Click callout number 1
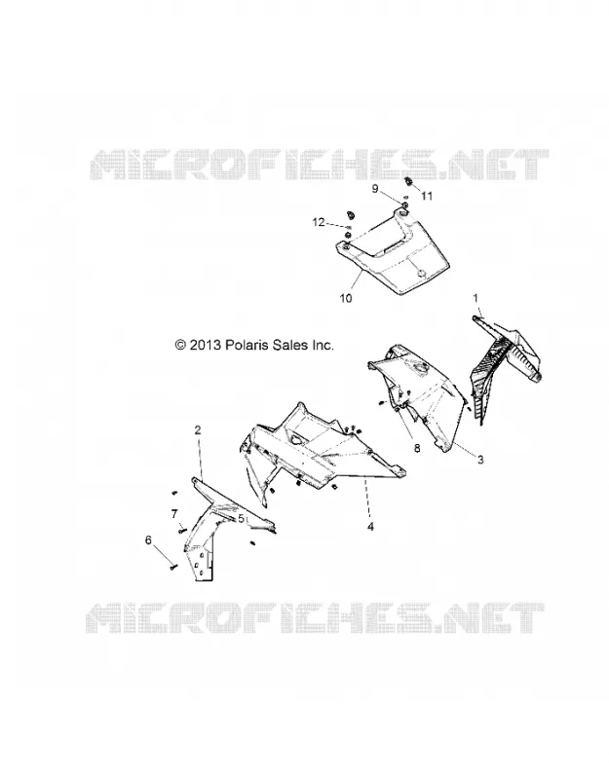[476, 298]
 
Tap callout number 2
[198, 430]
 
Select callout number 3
[480, 460]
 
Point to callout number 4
[370, 527]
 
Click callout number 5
[241, 519]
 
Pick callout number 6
[148, 540]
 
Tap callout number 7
[174, 514]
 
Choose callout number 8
[417, 448]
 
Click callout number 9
[375, 188]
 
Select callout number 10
[346, 298]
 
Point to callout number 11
[427, 196]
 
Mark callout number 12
[319, 222]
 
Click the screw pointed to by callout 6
[172, 566]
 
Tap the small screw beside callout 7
[181, 531]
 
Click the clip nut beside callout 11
[409, 181]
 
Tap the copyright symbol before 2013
[180, 345]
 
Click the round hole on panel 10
[422, 274]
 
